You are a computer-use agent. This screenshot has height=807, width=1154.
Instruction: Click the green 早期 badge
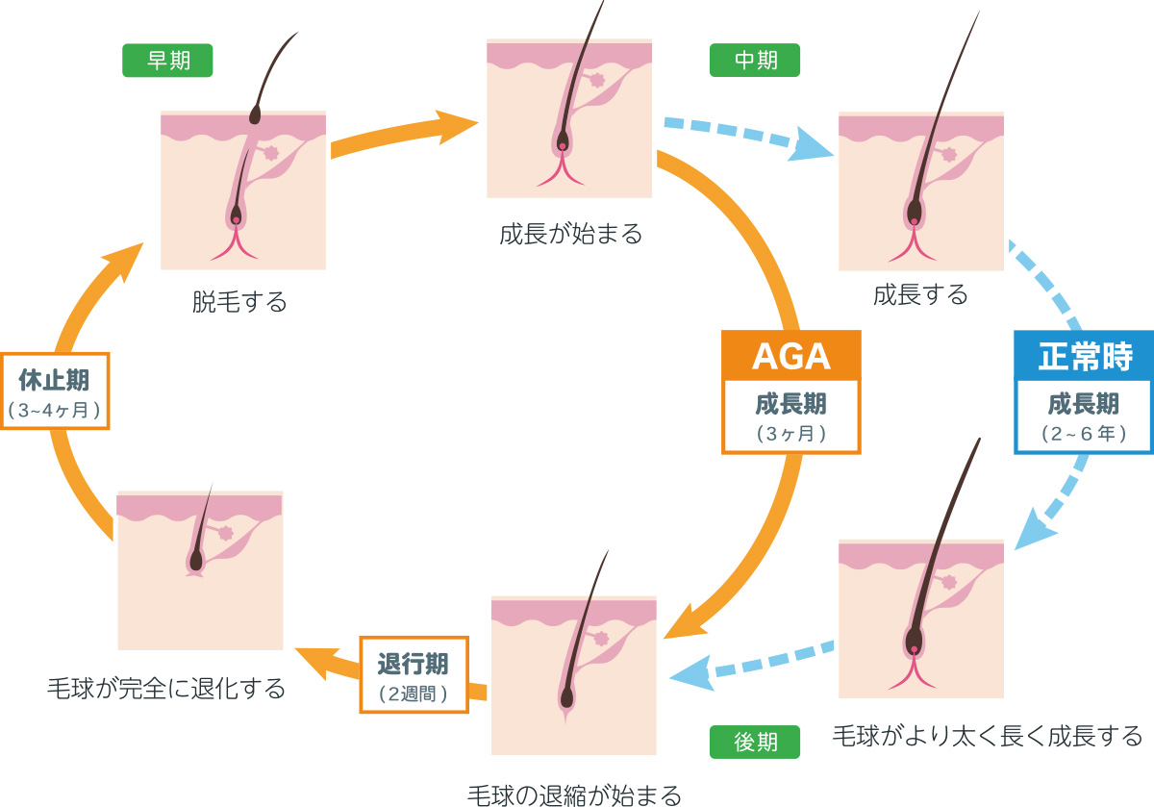(x=167, y=61)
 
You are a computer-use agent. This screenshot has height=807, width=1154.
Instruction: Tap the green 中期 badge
(x=755, y=60)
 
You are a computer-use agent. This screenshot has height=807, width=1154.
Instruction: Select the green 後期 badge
(x=755, y=741)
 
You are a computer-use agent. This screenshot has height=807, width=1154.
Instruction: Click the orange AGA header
(x=790, y=355)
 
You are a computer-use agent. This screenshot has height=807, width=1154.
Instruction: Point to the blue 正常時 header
(x=1084, y=356)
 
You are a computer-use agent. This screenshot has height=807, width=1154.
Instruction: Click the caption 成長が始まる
(x=570, y=234)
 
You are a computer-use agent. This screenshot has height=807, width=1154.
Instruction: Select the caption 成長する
(x=920, y=294)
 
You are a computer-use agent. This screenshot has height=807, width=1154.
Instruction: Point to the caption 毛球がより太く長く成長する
(x=988, y=737)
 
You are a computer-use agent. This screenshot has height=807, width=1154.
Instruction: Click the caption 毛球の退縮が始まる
(x=574, y=794)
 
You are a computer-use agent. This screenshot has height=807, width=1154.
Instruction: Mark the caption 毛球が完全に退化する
(x=166, y=689)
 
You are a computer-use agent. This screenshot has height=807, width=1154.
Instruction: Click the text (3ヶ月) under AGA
(x=790, y=433)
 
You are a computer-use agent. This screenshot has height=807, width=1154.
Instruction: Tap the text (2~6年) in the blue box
(x=1084, y=433)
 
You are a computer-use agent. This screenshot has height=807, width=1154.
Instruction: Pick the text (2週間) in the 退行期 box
(x=414, y=692)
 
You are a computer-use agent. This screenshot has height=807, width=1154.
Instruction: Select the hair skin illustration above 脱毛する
(x=243, y=190)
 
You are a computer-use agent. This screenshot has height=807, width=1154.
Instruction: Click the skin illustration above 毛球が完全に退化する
(x=200, y=570)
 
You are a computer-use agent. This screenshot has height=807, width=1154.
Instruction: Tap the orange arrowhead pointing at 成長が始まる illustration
(x=457, y=125)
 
